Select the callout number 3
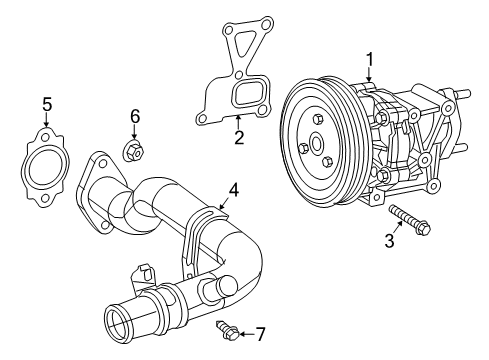390,240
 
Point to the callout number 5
45,105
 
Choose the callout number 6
135,117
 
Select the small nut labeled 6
134,151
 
